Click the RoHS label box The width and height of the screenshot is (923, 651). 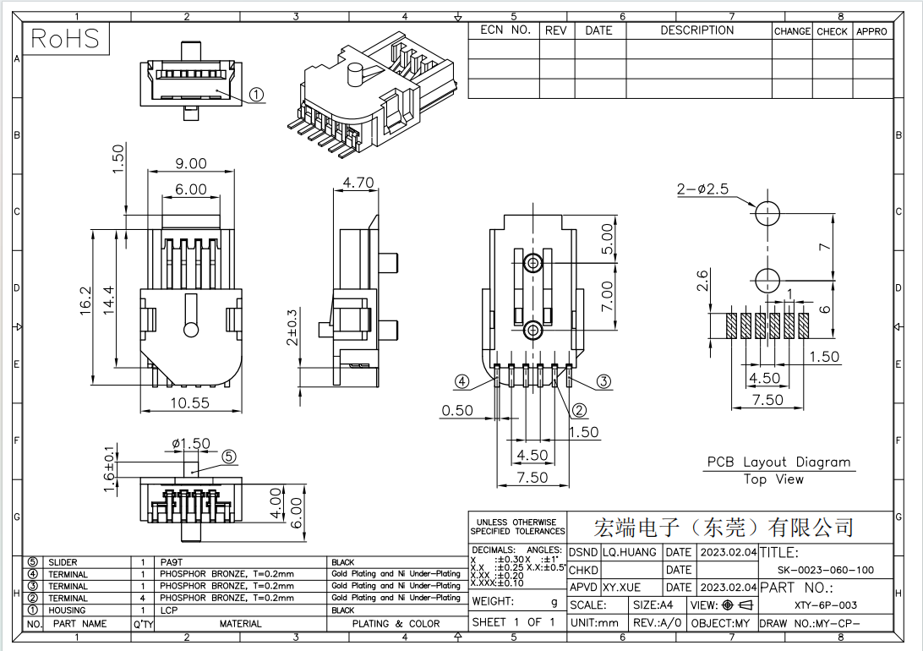(x=65, y=38)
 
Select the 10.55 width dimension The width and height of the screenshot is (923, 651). (x=189, y=403)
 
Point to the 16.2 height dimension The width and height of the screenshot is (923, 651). (x=85, y=303)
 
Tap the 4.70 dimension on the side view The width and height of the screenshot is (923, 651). (x=358, y=183)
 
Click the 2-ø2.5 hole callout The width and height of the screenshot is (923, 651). (x=702, y=189)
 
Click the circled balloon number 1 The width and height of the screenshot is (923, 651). (x=257, y=96)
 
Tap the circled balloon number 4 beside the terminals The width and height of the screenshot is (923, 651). (x=461, y=381)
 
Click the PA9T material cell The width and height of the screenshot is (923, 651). (x=172, y=562)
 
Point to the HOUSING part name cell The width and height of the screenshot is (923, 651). (x=67, y=610)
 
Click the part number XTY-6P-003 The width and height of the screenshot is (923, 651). (x=826, y=605)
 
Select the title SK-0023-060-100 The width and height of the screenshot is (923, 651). (x=826, y=571)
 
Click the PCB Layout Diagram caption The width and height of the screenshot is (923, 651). (x=778, y=462)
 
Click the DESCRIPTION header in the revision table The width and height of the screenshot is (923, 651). (x=696, y=30)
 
